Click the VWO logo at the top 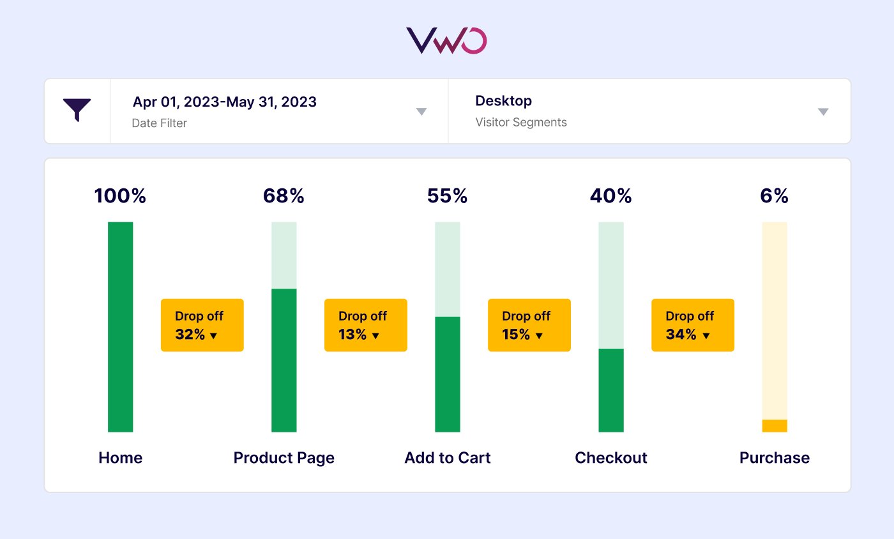pyautogui.click(x=446, y=40)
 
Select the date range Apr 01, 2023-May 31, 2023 pyautogui.click(x=224, y=102)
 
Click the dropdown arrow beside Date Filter pyautogui.click(x=421, y=111)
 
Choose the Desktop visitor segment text pyautogui.click(x=503, y=101)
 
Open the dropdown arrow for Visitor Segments pyautogui.click(x=823, y=111)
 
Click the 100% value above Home pyautogui.click(x=120, y=196)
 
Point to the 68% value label pyautogui.click(x=284, y=196)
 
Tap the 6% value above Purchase pyautogui.click(x=774, y=196)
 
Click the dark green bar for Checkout pyautogui.click(x=610, y=390)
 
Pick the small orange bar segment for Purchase pyautogui.click(x=774, y=426)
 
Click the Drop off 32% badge pyautogui.click(x=202, y=325)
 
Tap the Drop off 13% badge pyautogui.click(x=365, y=325)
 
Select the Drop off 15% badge pyautogui.click(x=529, y=325)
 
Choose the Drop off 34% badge pyautogui.click(x=692, y=325)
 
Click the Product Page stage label pyautogui.click(x=284, y=458)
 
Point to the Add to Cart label pyautogui.click(x=447, y=458)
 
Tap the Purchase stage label pyautogui.click(x=774, y=458)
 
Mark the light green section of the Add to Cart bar pyautogui.click(x=447, y=269)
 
